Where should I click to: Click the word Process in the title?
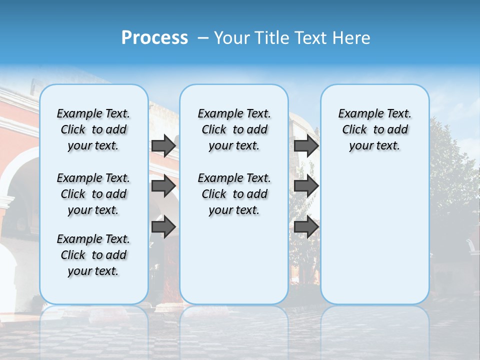click(x=154, y=38)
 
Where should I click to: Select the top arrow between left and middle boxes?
click(x=163, y=146)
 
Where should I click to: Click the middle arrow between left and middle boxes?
click(x=163, y=186)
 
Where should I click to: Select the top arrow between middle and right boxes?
click(x=306, y=146)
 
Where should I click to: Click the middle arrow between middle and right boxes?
click(x=306, y=186)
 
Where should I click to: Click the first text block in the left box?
click(x=93, y=129)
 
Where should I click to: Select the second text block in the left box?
click(x=93, y=194)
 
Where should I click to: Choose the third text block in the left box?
click(x=93, y=255)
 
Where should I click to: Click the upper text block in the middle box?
click(x=234, y=129)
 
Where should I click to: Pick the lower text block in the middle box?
click(x=234, y=194)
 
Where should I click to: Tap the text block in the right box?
click(x=374, y=129)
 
